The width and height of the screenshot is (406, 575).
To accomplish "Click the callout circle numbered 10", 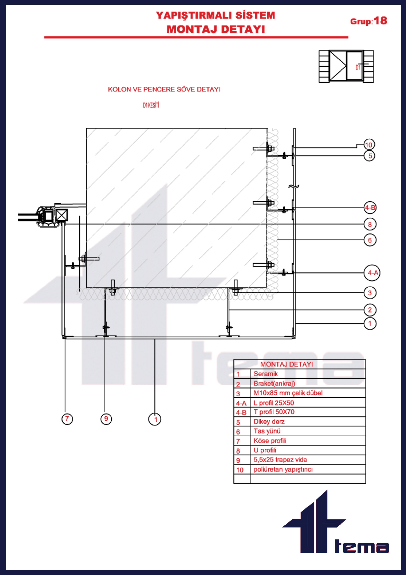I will [x=369, y=145].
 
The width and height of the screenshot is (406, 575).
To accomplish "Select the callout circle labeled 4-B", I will [x=370, y=208].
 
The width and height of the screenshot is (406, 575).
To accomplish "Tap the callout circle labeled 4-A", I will [x=372, y=273].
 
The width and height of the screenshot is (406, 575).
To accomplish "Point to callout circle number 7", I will [x=67, y=419].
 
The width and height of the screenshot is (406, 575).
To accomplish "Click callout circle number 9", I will [x=106, y=419].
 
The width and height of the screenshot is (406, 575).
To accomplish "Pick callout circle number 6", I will [x=370, y=240].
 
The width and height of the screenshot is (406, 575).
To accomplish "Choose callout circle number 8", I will [x=370, y=224].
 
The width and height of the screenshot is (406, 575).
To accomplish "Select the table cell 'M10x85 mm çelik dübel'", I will [x=288, y=393].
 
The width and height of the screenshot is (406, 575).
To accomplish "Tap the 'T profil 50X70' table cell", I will [x=274, y=412].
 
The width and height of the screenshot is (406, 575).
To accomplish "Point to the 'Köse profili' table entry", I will [x=270, y=441].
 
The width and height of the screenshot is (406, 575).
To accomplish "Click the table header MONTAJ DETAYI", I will [x=286, y=364].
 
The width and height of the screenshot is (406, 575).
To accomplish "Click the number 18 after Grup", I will [x=380, y=21].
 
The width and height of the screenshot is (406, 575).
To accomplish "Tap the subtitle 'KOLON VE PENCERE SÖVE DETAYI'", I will [x=164, y=89].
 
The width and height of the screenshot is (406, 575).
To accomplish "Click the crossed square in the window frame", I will [x=62, y=215].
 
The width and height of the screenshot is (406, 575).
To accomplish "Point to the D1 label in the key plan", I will [x=358, y=67].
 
